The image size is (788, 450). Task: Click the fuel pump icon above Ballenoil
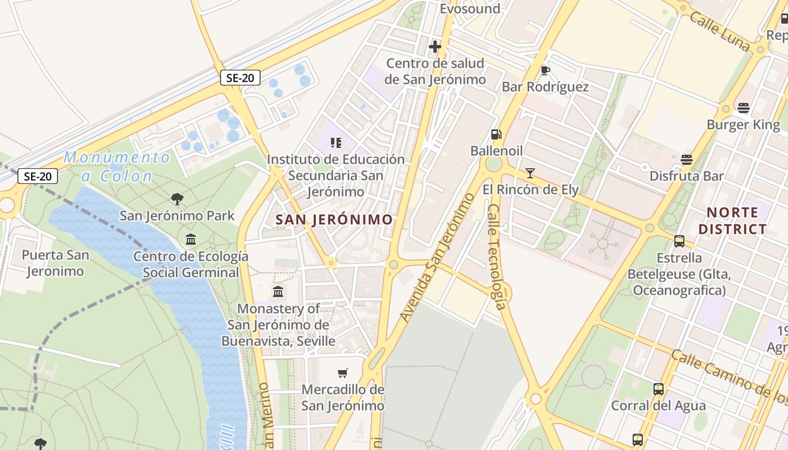[496, 134]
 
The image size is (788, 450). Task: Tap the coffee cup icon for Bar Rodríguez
[545, 70]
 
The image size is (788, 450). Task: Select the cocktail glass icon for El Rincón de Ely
[530, 173]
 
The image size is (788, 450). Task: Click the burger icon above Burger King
[744, 108]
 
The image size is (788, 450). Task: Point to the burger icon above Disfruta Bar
[686, 160]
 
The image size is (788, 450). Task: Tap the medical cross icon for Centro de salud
[435, 47]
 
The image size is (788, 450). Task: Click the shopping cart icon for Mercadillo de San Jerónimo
[342, 373]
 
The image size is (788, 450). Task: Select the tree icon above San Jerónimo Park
[177, 199]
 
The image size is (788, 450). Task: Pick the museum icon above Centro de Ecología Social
[191, 240]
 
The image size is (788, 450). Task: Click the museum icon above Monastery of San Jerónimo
[278, 292]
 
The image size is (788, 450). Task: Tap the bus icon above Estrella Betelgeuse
[679, 241]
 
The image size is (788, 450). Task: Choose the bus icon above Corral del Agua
[658, 389]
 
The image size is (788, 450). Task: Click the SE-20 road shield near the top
[240, 78]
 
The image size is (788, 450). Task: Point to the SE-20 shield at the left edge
[38, 177]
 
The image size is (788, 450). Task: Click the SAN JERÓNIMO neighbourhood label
[334, 220]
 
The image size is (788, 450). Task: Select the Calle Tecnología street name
[497, 256]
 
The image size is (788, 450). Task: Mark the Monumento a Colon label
[117, 166]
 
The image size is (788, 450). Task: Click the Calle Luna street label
[720, 33]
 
